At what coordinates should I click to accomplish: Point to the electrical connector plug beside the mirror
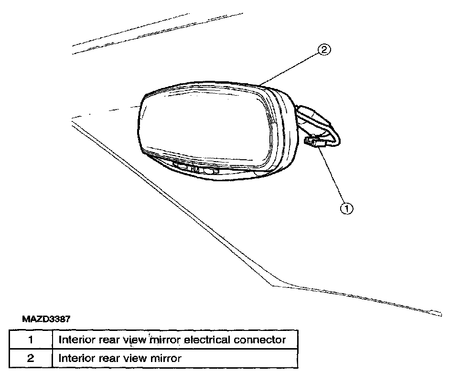coord(313,142)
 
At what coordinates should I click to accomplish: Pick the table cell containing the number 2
coord(29,358)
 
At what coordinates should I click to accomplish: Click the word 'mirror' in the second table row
coord(166,358)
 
